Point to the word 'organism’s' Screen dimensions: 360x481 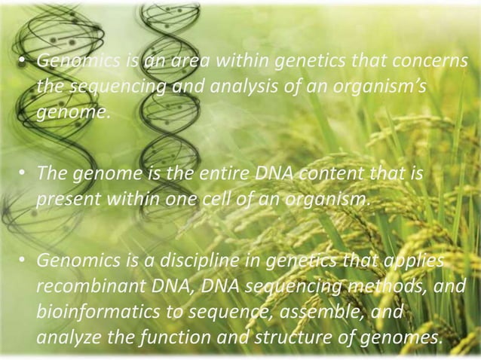[382, 87]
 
